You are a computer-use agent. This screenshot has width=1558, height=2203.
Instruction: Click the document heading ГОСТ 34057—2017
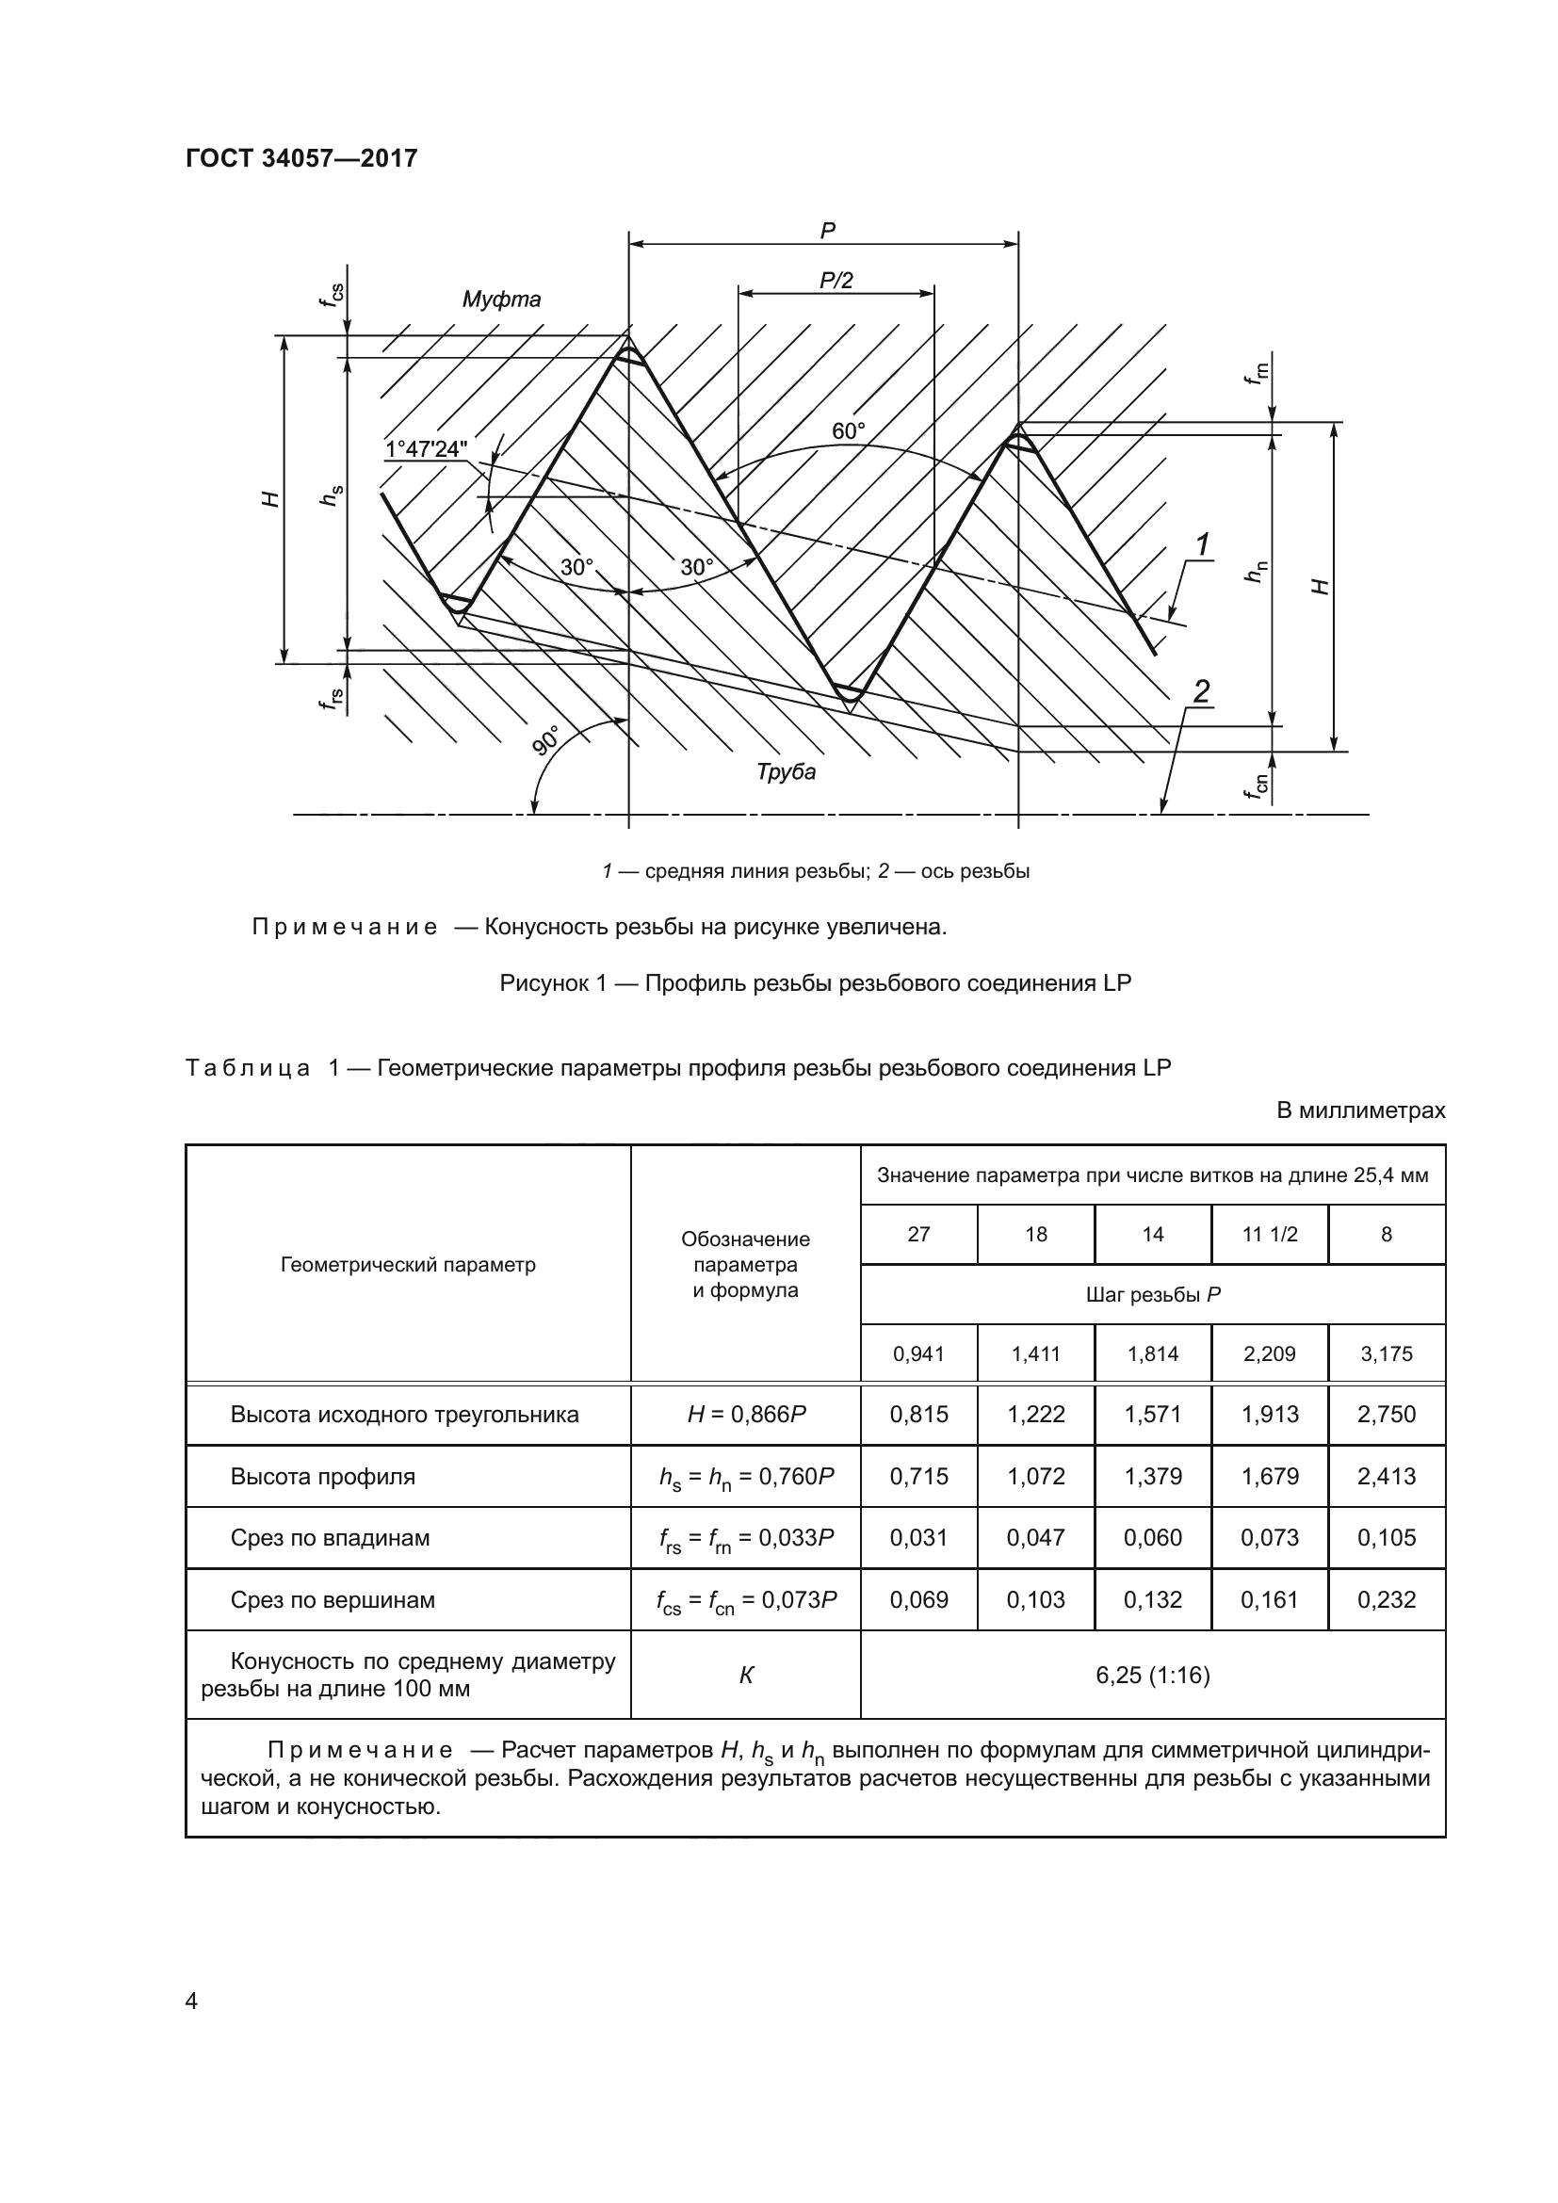(301, 158)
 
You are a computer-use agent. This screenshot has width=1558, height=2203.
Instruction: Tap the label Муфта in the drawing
(501, 300)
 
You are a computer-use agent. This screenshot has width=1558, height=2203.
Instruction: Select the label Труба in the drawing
(786, 771)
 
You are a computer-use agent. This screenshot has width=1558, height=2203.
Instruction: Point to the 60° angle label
(848, 431)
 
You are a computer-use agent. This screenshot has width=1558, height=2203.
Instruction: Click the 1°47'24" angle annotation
(426, 449)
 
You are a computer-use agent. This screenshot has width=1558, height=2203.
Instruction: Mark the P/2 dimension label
(836, 280)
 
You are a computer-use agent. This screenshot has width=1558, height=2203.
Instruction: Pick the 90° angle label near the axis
(547, 741)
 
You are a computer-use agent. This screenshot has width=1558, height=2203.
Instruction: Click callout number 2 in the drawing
(1201, 690)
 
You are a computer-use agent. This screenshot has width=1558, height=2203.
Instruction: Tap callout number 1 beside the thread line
(1202, 544)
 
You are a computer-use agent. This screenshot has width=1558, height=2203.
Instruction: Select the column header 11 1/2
(1269, 1235)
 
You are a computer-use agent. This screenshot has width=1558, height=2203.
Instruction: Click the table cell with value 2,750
(1387, 1415)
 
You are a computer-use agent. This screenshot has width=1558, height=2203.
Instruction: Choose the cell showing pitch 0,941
(918, 1353)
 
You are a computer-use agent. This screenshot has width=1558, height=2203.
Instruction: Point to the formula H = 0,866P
(745, 1415)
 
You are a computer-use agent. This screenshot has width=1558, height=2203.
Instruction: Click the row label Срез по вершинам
(332, 1599)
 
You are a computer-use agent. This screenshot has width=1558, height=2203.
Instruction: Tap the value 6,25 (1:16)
(1152, 1676)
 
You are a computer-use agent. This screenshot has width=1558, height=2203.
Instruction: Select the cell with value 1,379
(1152, 1476)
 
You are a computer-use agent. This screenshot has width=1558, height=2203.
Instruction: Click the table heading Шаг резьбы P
(1152, 1294)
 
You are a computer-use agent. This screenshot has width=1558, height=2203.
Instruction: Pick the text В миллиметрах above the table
(1360, 1110)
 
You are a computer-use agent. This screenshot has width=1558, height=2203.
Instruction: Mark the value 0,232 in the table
(1387, 1599)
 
